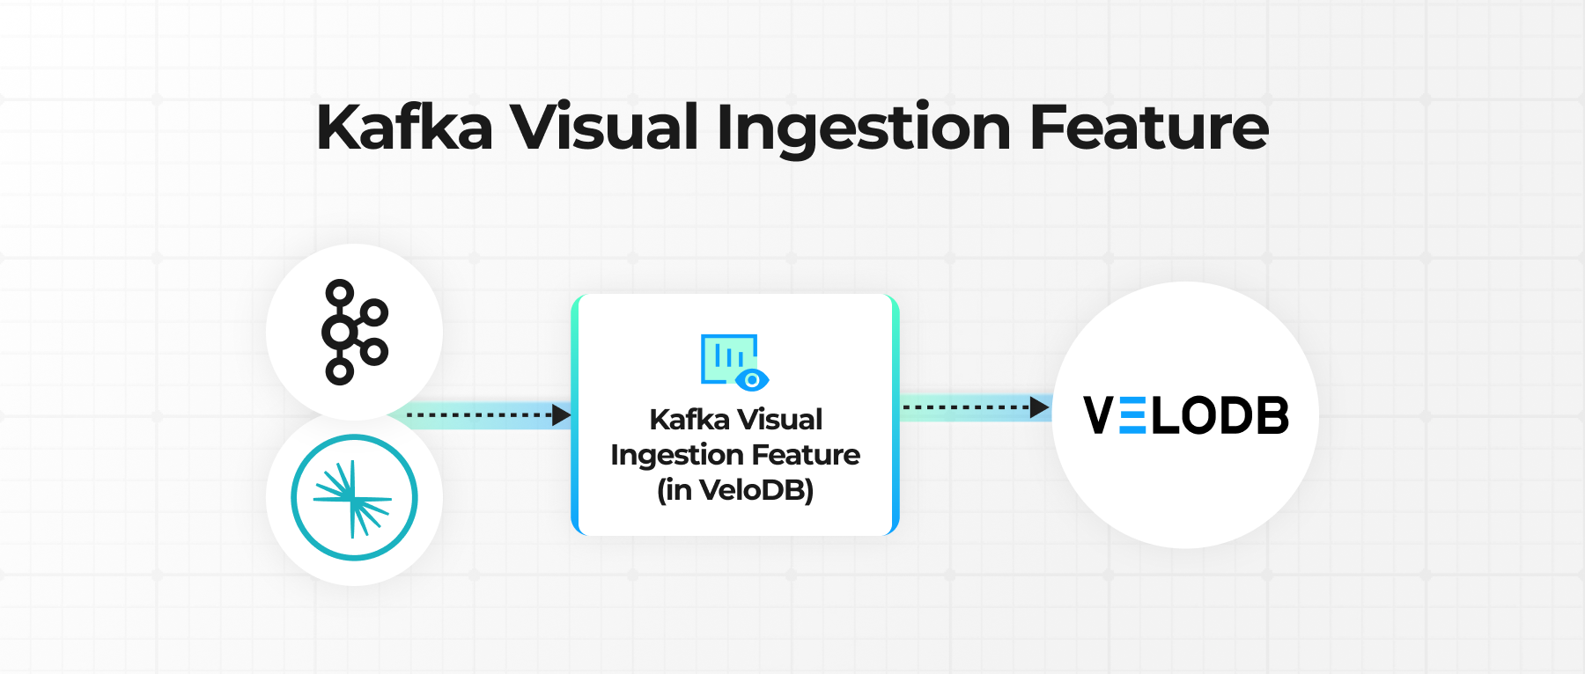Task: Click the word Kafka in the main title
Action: coord(404,128)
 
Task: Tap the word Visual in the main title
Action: coord(605,128)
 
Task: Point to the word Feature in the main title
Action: coord(1149,128)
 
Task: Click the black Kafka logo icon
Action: coord(355,333)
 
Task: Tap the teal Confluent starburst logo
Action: coord(354,498)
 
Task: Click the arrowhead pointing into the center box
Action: coord(562,414)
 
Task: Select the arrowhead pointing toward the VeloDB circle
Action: coord(1040,407)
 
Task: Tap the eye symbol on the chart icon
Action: coord(752,380)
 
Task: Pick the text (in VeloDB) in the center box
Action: coord(735,490)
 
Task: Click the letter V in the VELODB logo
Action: coord(1098,415)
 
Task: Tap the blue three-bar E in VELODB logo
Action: coord(1132,415)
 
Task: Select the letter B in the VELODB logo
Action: coord(1272,415)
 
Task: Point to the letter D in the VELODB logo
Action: coord(1235,415)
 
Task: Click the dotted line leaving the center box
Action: coord(966,407)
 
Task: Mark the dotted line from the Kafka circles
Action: coord(479,414)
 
